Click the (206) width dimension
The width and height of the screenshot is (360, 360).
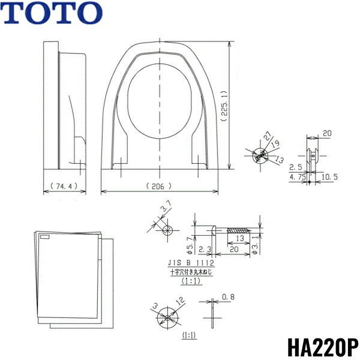(x=158, y=186)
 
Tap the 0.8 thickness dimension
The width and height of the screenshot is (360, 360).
(x=228, y=297)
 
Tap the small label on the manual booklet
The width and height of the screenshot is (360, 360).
(x=47, y=238)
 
